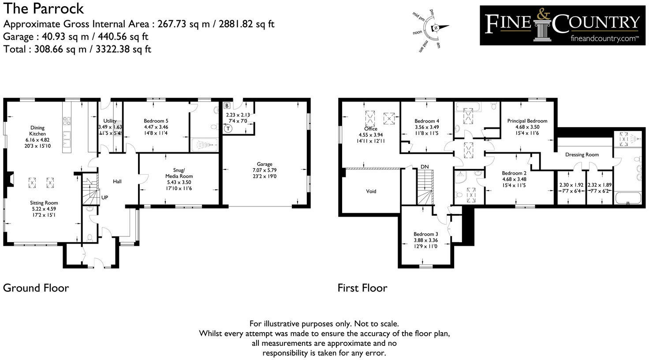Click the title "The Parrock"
[43, 8]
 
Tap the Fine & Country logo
[562, 25]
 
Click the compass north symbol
[436, 28]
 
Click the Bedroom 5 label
[156, 121]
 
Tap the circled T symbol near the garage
[228, 129]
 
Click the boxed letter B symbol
[227, 106]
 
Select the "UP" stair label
[104, 198]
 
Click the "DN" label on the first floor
[424, 167]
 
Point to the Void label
[371, 191]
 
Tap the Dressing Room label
[582, 155]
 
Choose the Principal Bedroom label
[527, 121]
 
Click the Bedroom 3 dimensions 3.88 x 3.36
[425, 240]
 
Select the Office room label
[371, 129]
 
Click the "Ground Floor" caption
[36, 288]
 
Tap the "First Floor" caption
[362, 288]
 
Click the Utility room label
[110, 121]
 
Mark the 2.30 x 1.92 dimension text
[571, 185]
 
